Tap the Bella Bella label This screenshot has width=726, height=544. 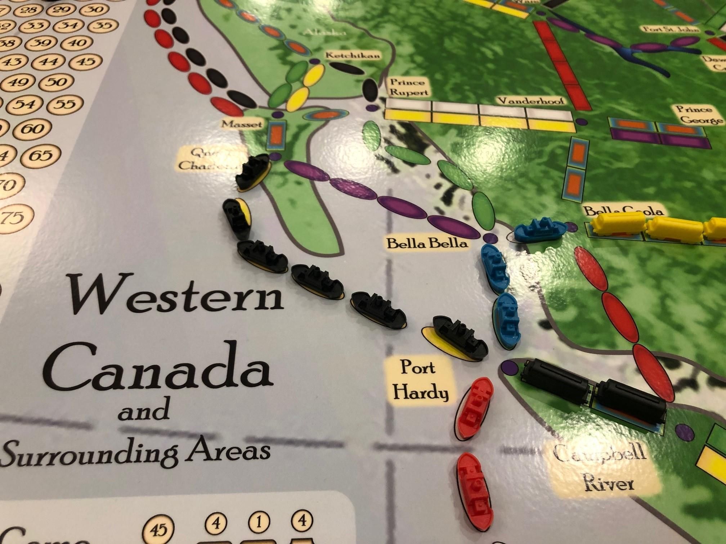click(x=427, y=244)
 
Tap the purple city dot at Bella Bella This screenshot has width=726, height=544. click(x=489, y=238)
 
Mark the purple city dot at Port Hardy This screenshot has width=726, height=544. click(x=508, y=367)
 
